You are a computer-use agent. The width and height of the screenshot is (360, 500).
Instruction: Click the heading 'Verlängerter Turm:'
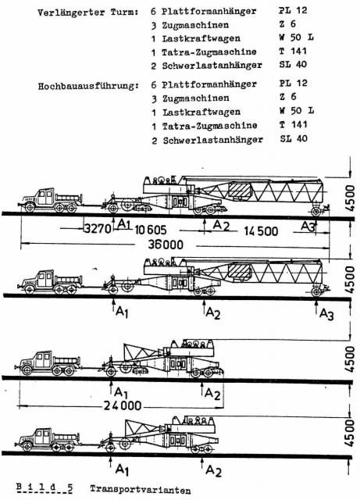[88, 12]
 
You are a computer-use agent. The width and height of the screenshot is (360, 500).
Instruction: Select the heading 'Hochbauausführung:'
[88, 86]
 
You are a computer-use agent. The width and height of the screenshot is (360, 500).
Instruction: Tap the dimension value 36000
[166, 245]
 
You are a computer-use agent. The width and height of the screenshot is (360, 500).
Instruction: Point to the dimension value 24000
[123, 405]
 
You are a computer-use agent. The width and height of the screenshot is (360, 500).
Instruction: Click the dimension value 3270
[98, 229]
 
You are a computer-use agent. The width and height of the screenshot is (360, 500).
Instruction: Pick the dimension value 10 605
[150, 230]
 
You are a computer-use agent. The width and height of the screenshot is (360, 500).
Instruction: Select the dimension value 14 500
[261, 231]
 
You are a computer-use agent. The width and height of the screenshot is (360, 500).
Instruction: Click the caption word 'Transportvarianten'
[141, 490]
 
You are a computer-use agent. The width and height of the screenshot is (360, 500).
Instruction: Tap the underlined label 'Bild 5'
[45, 487]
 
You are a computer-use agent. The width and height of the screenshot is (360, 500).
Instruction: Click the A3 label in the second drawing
[326, 314]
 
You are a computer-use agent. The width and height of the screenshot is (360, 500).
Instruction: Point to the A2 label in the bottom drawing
[213, 470]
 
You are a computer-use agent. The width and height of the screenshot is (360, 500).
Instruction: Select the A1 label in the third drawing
[121, 392]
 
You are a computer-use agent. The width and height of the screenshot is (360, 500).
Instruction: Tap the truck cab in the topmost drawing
[45, 196]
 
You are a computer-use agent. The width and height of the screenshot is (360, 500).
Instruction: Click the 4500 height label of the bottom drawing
[350, 433]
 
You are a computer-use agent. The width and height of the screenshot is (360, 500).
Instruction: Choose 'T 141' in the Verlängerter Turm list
[293, 51]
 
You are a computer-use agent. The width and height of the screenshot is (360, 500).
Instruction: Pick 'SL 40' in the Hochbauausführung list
[294, 138]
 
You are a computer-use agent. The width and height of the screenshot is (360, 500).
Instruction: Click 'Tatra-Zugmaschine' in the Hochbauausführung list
[209, 126]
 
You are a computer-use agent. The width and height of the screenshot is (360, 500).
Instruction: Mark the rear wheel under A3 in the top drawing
[315, 211]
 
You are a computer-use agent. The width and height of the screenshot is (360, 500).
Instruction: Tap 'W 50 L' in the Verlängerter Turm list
[296, 37]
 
